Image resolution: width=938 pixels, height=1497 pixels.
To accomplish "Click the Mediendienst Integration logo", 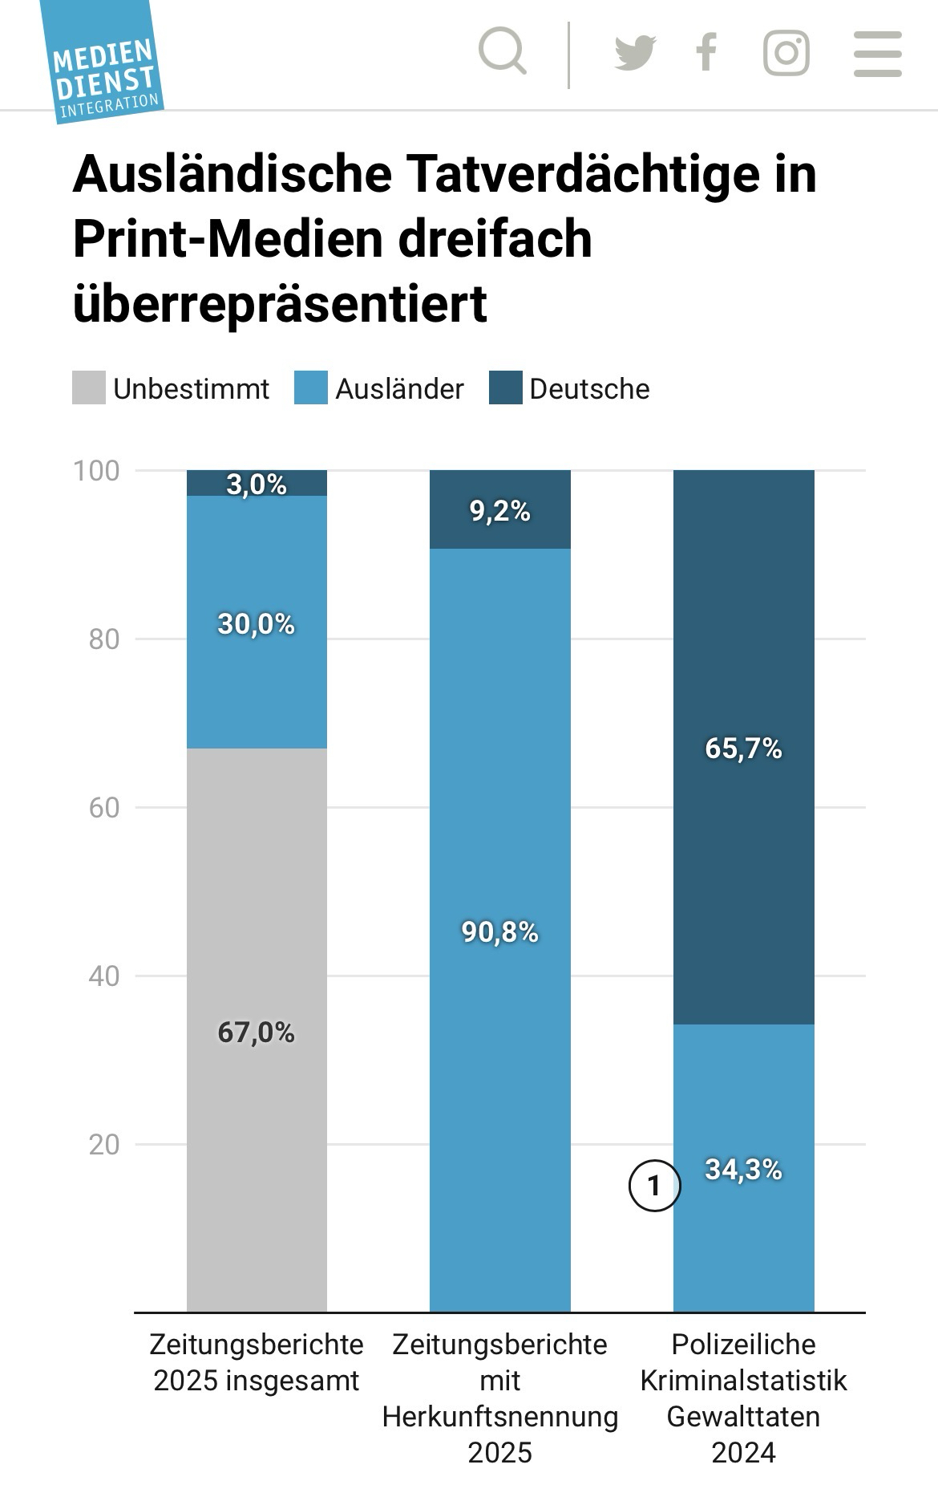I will point(102,64).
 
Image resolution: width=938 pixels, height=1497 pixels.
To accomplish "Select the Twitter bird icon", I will point(635,53).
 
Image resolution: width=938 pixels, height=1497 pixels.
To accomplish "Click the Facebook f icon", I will point(706,53).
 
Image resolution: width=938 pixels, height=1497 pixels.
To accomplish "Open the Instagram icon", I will point(786,53).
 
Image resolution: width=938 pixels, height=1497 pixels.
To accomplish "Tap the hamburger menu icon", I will point(878,54).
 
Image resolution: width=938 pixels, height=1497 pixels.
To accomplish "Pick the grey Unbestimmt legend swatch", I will point(89,388).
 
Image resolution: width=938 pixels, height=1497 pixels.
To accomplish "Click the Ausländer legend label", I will point(399,389).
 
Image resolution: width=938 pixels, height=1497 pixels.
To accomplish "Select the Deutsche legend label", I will point(589,389).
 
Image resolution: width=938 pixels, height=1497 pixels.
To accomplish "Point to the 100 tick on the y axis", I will point(96,471).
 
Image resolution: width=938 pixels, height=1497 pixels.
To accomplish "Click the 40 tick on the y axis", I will point(104,976).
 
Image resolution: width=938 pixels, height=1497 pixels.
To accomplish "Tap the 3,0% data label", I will point(257,484).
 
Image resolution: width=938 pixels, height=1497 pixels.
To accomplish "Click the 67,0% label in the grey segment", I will point(257,1032).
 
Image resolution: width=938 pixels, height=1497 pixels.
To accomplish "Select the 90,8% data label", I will point(500,932).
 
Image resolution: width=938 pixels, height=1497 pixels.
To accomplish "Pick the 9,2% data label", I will point(500,511).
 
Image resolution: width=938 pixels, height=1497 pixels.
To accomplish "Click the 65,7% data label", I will point(743,748).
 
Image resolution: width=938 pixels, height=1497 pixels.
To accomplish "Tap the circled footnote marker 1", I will point(654,1185).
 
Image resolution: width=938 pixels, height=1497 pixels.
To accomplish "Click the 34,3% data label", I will point(743,1170).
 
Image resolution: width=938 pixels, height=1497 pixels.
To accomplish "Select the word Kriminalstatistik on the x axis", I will point(743,1381).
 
